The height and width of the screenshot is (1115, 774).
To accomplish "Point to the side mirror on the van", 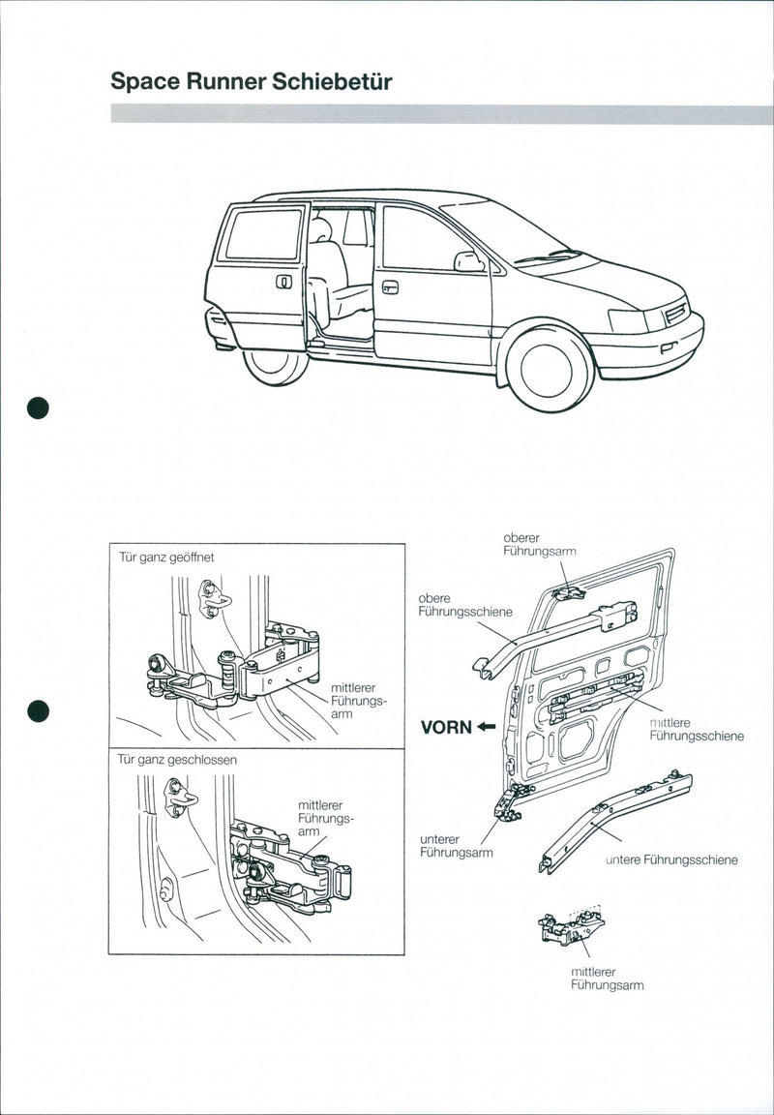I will point(468,261).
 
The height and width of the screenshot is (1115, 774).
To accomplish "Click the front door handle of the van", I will point(390,286).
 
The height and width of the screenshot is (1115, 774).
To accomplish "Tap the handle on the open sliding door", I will point(283,282).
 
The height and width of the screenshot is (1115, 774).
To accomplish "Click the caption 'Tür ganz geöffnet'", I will point(166,557).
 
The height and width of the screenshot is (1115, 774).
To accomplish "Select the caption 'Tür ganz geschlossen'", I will point(177,760).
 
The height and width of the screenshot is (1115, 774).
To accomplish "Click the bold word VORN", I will point(445,728).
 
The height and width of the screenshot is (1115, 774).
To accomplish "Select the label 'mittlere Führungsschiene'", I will point(696,729).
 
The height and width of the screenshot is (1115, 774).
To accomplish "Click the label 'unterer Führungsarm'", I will point(456,846).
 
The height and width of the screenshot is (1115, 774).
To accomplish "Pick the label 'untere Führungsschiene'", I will point(671,859).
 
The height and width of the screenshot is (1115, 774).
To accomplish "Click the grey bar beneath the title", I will point(441,114).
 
